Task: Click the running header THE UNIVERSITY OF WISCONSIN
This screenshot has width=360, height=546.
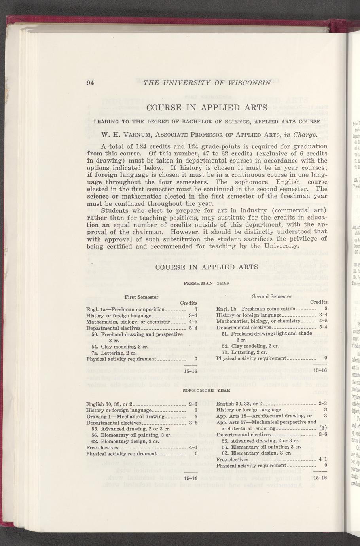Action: click(207, 83)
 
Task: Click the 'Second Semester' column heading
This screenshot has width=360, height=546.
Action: click(272, 296)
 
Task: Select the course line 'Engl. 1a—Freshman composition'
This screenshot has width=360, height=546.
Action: click(125, 309)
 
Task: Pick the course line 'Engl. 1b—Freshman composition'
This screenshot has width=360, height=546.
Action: click(256, 309)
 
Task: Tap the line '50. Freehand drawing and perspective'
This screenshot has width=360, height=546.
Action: click(136, 334)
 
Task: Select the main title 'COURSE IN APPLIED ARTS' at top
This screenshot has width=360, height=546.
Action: click(207, 108)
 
